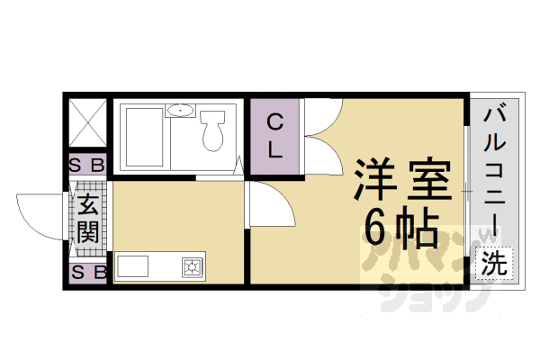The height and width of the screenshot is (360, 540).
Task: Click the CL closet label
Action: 276,137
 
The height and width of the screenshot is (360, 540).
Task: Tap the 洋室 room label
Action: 401,181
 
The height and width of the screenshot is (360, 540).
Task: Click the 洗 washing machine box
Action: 492,264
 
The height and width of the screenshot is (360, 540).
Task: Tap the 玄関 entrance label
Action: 88,219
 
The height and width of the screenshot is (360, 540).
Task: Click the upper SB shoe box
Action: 88,165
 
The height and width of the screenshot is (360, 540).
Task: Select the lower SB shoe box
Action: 88,272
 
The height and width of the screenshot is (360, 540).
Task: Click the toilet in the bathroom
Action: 214,134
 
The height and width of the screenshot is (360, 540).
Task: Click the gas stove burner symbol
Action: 193,266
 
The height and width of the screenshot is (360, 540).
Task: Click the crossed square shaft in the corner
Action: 88,123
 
